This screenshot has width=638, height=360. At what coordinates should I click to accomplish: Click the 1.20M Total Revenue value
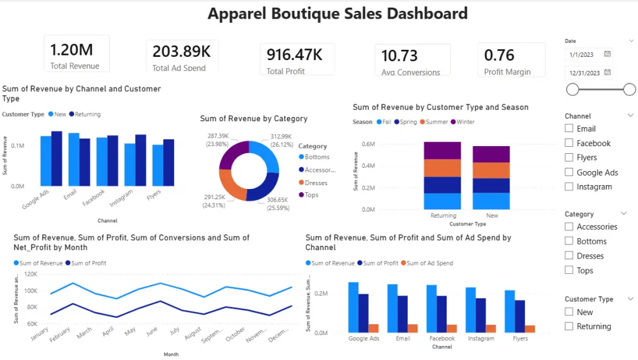pyautogui.click(x=71, y=50)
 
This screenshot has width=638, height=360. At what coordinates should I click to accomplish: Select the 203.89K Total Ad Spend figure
pyautogui.click(x=181, y=52)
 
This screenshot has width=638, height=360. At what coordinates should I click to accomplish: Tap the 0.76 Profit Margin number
pyautogui.click(x=499, y=56)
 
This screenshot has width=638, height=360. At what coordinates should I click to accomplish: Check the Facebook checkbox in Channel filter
pyautogui.click(x=569, y=144)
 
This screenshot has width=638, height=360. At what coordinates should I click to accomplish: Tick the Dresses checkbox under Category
pyautogui.click(x=569, y=256)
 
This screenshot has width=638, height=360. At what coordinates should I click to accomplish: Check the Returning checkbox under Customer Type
pyautogui.click(x=569, y=327)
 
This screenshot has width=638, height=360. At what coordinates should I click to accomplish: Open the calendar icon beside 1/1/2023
pyautogui.click(x=607, y=54)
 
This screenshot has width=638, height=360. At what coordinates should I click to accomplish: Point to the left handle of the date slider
pyautogui.click(x=572, y=89)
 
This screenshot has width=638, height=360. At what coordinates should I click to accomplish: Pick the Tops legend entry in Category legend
pyautogui.click(x=311, y=195)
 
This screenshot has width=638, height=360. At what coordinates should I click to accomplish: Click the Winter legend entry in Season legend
pyautogui.click(x=465, y=122)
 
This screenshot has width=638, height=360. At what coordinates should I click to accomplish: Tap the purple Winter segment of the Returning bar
pyautogui.click(x=442, y=151)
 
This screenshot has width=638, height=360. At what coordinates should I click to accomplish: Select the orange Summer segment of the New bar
pyautogui.click(x=491, y=170)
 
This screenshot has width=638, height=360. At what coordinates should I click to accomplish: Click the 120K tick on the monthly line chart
pyautogui.click(x=29, y=274)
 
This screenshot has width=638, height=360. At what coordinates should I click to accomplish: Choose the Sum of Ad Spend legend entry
pyautogui.click(x=429, y=263)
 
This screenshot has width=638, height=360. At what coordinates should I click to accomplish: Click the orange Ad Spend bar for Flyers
pyautogui.click(x=530, y=329)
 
